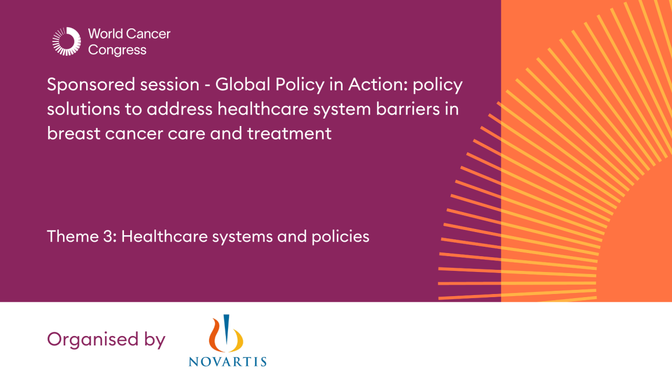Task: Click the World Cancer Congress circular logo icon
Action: click(x=67, y=41)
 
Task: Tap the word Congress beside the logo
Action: click(x=117, y=50)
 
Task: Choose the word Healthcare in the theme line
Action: click(x=164, y=236)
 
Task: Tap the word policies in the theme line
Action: click(x=338, y=236)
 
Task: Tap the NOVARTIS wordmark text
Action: click(x=227, y=361)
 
